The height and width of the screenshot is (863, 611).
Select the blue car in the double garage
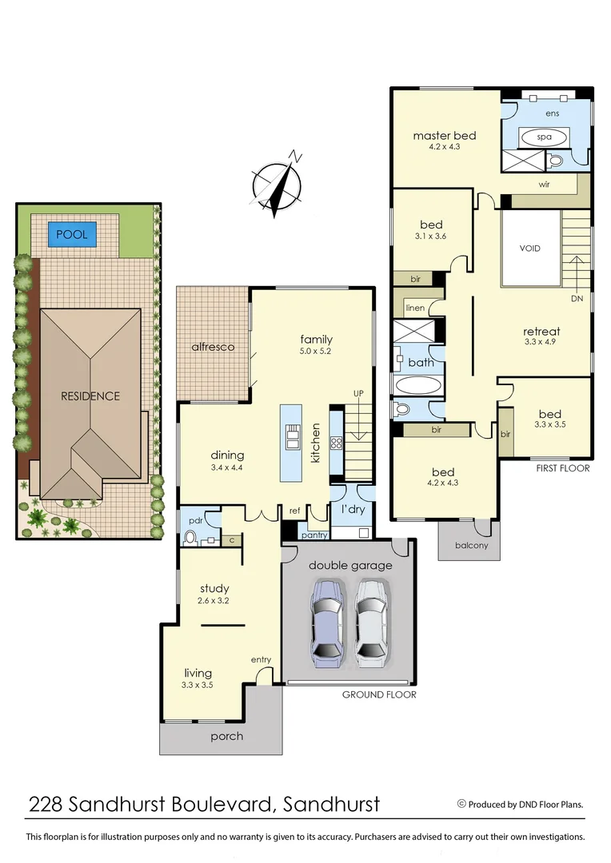coord(328,622)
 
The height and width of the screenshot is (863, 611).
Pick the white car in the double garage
coord(373,622)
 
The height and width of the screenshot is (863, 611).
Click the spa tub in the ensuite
coord(544,137)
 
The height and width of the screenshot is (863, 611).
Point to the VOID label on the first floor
coord(529,249)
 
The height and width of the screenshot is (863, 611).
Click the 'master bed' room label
coord(444,136)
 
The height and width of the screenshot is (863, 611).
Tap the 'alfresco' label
coord(213,347)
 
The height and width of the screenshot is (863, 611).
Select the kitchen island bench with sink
coord(292,443)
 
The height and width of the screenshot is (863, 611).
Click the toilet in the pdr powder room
coord(190,538)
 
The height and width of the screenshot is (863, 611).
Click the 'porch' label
coord(226,736)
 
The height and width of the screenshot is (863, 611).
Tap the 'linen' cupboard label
coord(415,308)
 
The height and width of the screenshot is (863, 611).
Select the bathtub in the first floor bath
coord(417,386)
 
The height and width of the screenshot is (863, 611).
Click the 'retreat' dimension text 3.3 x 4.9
coord(541,342)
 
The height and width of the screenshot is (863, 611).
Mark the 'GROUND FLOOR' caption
coord(379,694)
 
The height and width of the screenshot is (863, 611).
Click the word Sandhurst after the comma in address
coord(331,803)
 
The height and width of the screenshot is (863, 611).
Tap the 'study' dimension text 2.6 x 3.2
coord(214,600)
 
